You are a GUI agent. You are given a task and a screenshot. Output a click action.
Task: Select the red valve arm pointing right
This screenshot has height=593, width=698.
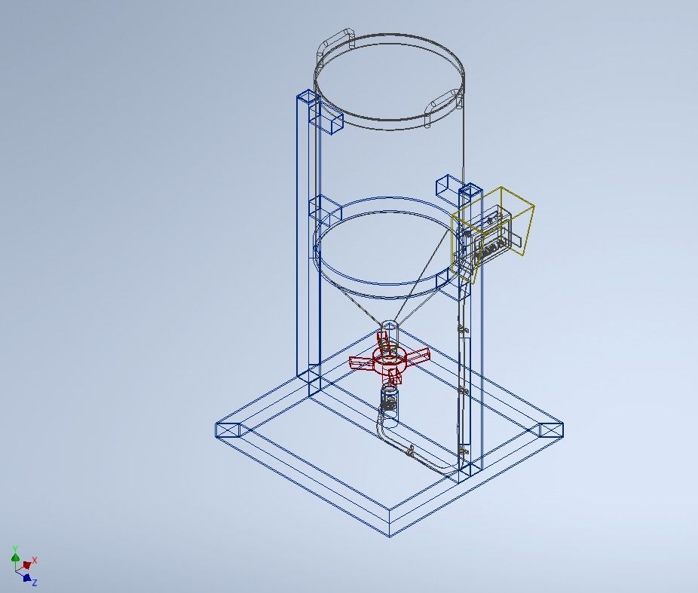click(x=417, y=354)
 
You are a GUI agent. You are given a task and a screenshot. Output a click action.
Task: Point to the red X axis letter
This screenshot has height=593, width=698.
click(x=35, y=561)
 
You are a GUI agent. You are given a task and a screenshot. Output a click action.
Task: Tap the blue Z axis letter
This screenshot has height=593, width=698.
click(x=35, y=582)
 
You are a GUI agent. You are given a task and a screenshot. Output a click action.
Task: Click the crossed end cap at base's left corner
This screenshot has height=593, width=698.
click(x=227, y=429)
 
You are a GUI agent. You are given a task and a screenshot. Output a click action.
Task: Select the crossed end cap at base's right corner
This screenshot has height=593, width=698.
click(x=551, y=430)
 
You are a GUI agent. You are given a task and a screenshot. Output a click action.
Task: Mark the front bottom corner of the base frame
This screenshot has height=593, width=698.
click(x=389, y=533)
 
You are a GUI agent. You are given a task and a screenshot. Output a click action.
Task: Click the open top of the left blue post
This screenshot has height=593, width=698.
click(x=308, y=96)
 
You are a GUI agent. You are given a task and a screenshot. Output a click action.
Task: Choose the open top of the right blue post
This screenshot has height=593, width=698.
click(x=470, y=188)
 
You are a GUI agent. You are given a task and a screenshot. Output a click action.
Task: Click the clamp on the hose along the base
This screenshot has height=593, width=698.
click(x=411, y=451)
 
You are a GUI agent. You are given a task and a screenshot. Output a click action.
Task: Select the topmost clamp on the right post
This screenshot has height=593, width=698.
click(x=463, y=329)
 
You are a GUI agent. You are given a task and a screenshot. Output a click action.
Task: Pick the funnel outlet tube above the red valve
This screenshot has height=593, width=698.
click(x=389, y=332)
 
